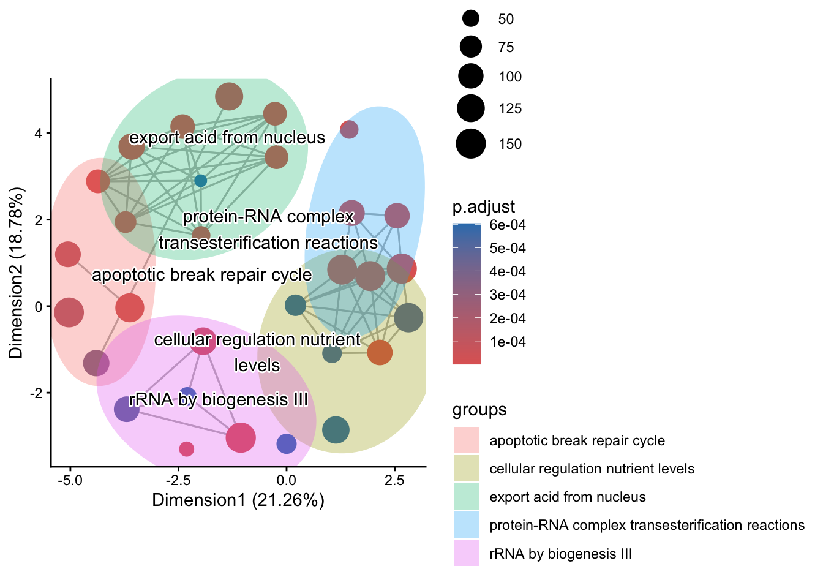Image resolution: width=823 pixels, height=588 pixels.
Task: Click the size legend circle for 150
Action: [471, 144]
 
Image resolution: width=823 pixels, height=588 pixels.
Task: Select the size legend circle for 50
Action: [471, 19]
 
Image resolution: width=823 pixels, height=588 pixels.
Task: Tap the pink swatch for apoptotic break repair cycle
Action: [467, 440]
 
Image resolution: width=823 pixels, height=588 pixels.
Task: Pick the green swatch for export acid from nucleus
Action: [467, 497]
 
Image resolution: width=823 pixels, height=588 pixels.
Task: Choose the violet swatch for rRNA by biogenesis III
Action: [467, 554]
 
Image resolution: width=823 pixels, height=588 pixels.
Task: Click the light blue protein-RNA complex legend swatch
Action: [467, 525]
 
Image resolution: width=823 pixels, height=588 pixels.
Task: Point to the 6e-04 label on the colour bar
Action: [508, 225]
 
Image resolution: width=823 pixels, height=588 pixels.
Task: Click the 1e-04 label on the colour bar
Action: [508, 342]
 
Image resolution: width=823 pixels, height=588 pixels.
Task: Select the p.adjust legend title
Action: [484, 207]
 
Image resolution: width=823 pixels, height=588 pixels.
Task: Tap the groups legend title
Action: [479, 410]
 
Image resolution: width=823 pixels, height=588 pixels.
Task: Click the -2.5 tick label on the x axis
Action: [178, 480]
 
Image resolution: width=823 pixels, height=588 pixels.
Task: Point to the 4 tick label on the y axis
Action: [39, 134]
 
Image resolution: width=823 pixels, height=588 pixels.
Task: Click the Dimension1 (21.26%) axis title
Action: [238, 500]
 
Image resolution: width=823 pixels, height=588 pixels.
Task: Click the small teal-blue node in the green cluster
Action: [200, 181]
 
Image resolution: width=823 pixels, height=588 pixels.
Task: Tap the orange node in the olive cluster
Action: [380, 352]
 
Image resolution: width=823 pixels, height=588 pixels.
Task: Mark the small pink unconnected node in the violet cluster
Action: [186, 449]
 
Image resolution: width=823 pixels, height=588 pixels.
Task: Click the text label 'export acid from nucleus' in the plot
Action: [227, 137]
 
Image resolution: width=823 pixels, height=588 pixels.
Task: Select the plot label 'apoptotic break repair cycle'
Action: [201, 275]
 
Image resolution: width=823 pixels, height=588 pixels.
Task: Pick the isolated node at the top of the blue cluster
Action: [349, 129]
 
